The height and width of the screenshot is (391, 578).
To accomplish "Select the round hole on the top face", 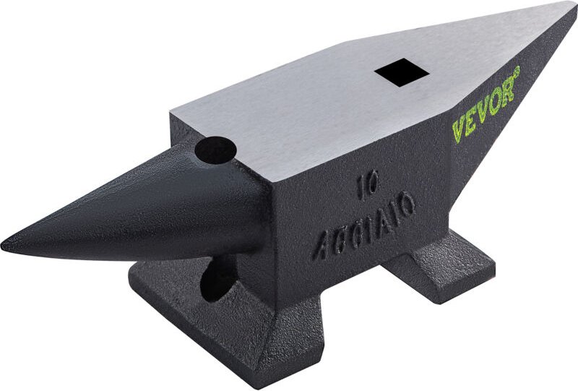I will (215, 150).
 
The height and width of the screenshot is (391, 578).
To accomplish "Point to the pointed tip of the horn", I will (6, 244).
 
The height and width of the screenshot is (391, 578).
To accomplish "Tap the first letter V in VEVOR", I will (459, 127).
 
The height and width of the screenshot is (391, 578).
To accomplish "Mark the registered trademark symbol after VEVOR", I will (517, 70).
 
